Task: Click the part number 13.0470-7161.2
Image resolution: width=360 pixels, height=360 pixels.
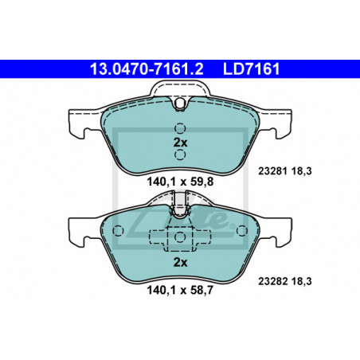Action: click(147, 69)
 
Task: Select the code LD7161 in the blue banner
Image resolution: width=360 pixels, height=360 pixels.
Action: click(252, 69)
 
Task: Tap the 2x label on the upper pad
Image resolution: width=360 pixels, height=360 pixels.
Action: click(180, 143)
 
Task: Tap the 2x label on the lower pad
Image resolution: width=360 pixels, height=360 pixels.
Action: click(180, 263)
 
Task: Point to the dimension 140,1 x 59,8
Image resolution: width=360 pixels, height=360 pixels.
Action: click(180, 182)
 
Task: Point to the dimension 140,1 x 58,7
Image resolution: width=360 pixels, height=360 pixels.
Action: click(180, 290)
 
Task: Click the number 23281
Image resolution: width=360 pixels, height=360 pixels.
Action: click(272, 171)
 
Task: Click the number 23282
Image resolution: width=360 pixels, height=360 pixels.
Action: click(272, 281)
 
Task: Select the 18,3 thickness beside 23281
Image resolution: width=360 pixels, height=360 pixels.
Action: click(302, 171)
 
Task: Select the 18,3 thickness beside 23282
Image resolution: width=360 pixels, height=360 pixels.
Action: click(302, 281)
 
